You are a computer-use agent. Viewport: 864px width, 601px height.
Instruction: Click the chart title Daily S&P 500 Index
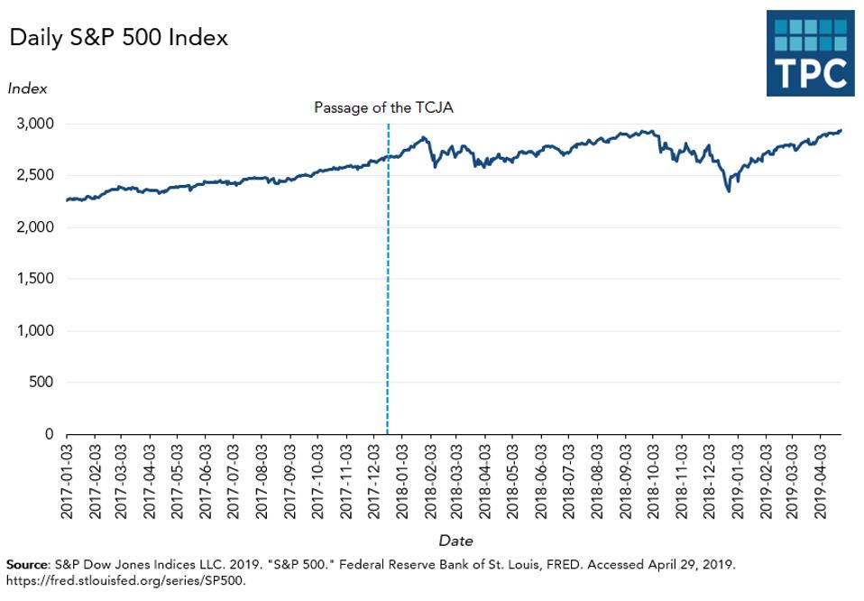pos(118,38)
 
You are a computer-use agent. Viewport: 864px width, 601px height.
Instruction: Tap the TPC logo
pos(810,53)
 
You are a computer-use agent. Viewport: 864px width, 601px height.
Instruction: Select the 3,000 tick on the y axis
pos(36,124)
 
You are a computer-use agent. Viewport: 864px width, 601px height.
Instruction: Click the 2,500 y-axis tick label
pos(36,175)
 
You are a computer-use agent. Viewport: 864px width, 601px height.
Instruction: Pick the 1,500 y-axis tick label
pos(36,279)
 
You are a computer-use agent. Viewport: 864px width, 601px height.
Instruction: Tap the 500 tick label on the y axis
pos(41,383)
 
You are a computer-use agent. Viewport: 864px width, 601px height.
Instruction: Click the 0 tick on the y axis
pos(50,434)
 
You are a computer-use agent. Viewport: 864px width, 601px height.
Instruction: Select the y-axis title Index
pos(27,88)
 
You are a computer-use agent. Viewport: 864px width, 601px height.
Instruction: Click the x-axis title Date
pos(455,541)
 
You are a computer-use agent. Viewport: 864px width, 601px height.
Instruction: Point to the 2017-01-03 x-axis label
pos(66,479)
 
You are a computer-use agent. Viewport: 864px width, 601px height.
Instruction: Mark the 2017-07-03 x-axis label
pos(234,479)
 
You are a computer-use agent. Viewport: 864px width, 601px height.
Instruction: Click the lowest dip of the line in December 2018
pos(728,190)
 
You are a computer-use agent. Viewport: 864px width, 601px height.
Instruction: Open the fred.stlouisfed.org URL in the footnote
pos(124,580)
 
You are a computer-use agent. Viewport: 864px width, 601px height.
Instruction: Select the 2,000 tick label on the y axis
pos(36,227)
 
